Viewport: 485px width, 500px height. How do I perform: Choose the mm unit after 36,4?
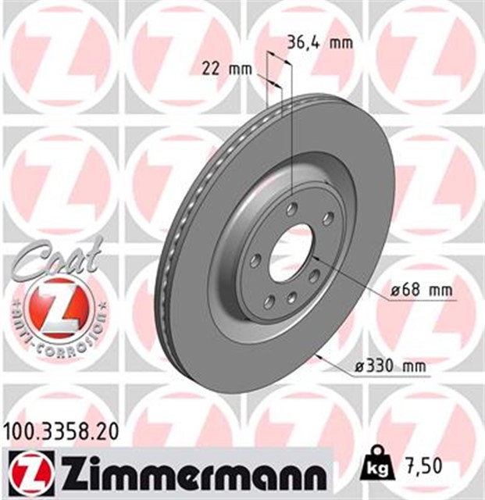point(341,42)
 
